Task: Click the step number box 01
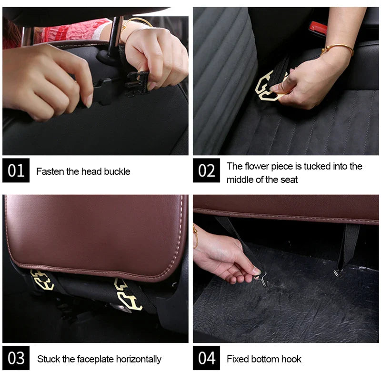click(16, 170)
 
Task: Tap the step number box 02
click(206, 170)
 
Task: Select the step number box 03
click(16, 358)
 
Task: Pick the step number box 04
click(206, 358)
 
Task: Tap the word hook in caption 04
click(291, 359)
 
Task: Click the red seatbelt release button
click(318, 29)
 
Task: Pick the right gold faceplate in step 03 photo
click(128, 295)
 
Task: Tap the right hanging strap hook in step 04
click(339, 271)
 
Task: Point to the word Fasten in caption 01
click(50, 171)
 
